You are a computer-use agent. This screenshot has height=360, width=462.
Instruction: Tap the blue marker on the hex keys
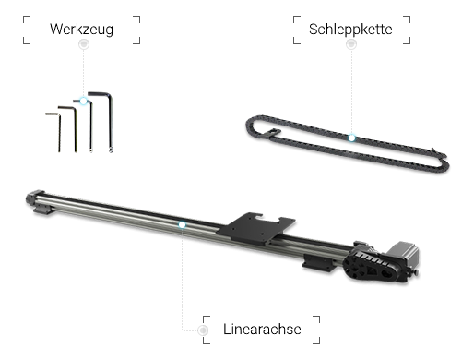84,101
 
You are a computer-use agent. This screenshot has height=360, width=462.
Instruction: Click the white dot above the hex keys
83,43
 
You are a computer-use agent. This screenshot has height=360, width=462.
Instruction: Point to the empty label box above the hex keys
81,29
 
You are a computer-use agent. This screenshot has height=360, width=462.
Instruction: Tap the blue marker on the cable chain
351,137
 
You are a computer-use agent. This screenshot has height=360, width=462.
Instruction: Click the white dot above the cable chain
350,44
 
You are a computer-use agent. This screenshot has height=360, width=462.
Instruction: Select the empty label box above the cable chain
350,29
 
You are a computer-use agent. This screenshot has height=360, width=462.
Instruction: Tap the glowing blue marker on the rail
181,223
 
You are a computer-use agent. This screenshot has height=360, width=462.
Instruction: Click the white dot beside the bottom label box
202,330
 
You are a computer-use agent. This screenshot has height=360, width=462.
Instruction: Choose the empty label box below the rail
262,330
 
